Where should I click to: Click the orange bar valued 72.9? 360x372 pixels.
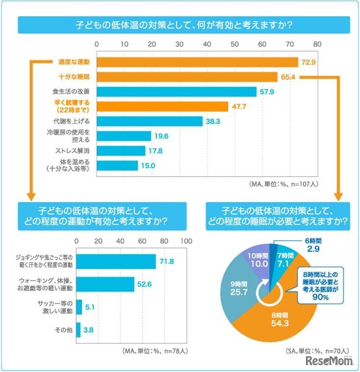197,62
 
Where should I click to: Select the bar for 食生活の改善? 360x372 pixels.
177,92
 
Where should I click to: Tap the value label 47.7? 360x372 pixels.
240,107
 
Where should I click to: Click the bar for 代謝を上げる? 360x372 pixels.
150,121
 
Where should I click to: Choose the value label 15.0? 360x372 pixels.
149,166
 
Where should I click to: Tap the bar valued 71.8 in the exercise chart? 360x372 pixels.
116,262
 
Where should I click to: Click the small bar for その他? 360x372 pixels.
78,330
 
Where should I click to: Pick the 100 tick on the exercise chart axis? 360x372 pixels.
186,241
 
